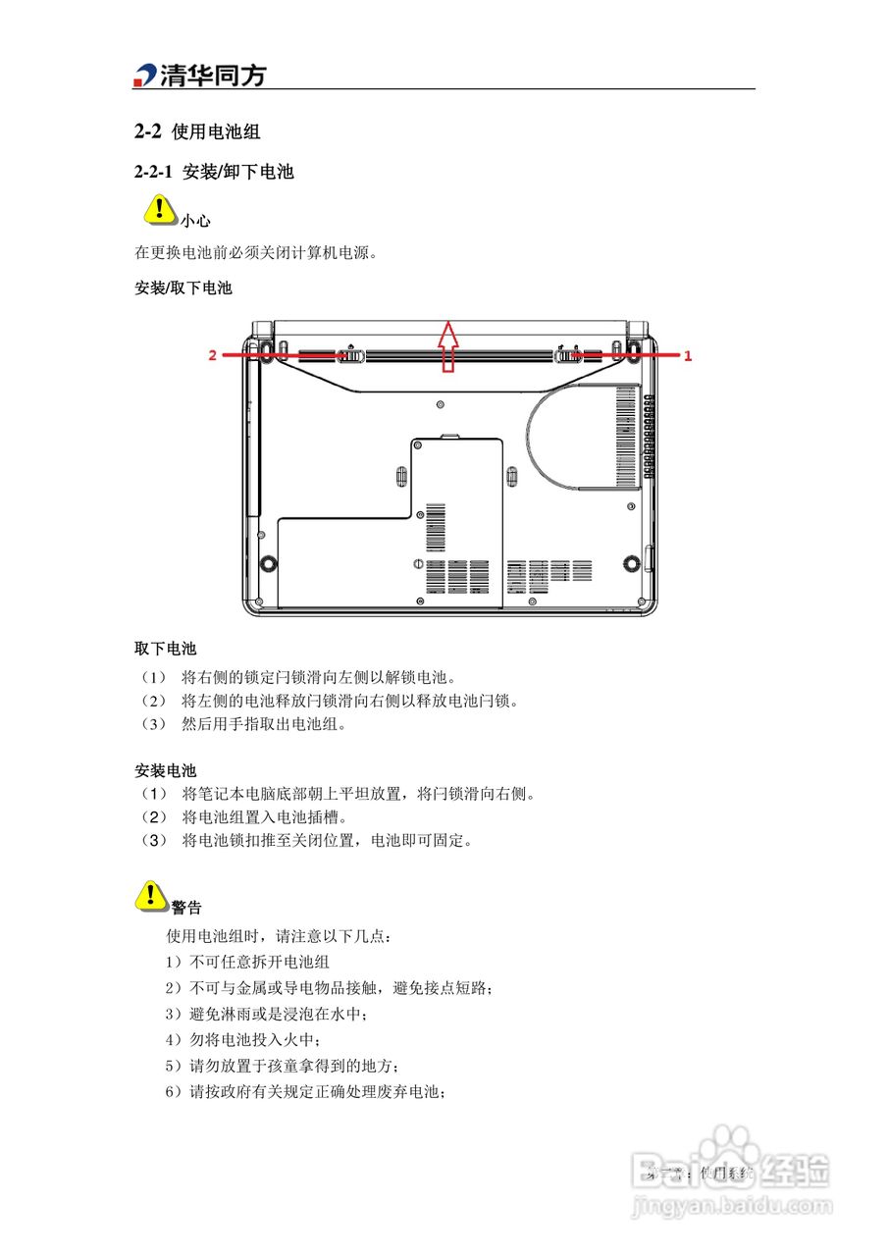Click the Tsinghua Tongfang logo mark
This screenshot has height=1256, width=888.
pos(145,76)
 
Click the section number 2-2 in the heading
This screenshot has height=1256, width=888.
pos(147,131)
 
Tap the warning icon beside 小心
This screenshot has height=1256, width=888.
pos(157,210)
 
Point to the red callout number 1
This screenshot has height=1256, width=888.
pos(688,357)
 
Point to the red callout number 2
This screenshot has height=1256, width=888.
pos(212,356)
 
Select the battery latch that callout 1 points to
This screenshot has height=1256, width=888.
pos(569,355)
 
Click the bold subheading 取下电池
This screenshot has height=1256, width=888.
pos(165,649)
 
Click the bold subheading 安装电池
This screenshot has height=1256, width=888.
pos(165,770)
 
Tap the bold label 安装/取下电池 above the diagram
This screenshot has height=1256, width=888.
pos(183,288)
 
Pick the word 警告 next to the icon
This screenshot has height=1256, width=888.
pos(186,908)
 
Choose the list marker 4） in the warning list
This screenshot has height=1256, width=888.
pos(174,1039)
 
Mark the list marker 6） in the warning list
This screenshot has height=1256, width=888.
pos(174,1092)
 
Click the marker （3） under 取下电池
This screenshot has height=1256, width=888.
pos(153,725)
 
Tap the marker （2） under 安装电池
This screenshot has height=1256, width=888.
pos(153,816)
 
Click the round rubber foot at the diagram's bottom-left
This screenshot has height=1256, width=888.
pos(266,564)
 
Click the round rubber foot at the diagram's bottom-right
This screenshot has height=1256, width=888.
pos(629,564)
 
